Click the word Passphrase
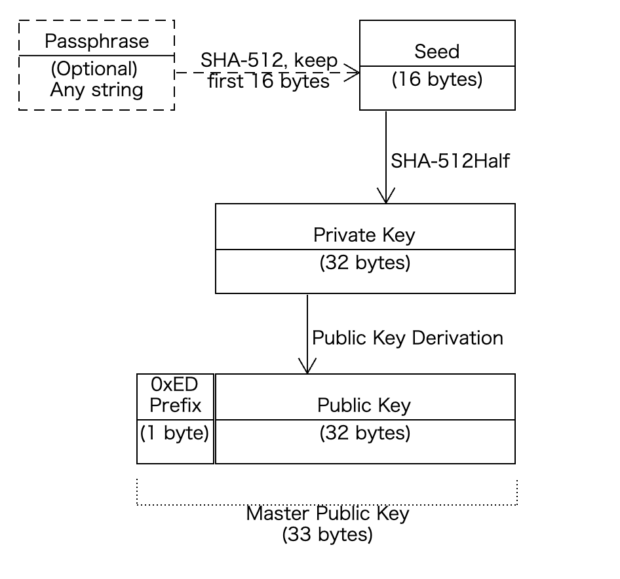[97, 41]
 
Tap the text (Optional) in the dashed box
[94, 69]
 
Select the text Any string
[96, 90]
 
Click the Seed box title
[437, 51]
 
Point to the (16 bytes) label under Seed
[437, 79]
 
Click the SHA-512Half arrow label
[450, 161]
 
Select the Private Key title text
[364, 235]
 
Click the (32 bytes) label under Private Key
[365, 263]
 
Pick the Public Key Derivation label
[407, 339]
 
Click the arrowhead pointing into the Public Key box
[307, 365]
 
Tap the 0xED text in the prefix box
[174, 384]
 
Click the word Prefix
[175, 405]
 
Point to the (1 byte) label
[174, 433]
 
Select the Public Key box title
[364, 405]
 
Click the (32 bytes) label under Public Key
[365, 433]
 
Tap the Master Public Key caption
[328, 514]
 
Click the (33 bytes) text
[328, 534]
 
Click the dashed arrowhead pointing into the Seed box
[352, 72]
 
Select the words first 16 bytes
[269, 81]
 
